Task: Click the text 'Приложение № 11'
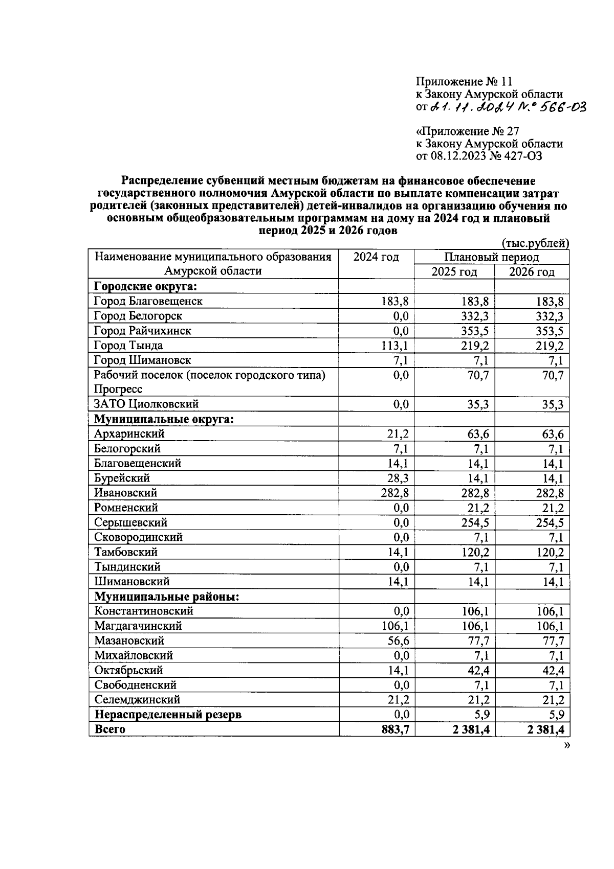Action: click(x=464, y=82)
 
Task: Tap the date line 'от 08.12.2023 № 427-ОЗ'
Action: click(x=479, y=156)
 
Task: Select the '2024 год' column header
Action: click(x=376, y=257)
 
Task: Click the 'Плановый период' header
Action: click(x=491, y=257)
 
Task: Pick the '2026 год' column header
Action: click(x=532, y=271)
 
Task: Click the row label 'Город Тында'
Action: click(x=128, y=346)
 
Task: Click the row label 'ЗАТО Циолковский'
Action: click(x=146, y=404)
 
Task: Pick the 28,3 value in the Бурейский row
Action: click(x=398, y=478)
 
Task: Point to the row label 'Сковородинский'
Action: click(x=138, y=537)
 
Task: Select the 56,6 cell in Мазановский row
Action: click(x=398, y=641)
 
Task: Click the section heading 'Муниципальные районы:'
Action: click(x=167, y=597)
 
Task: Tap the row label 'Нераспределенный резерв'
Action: click(x=167, y=714)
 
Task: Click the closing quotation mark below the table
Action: click(x=566, y=745)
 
